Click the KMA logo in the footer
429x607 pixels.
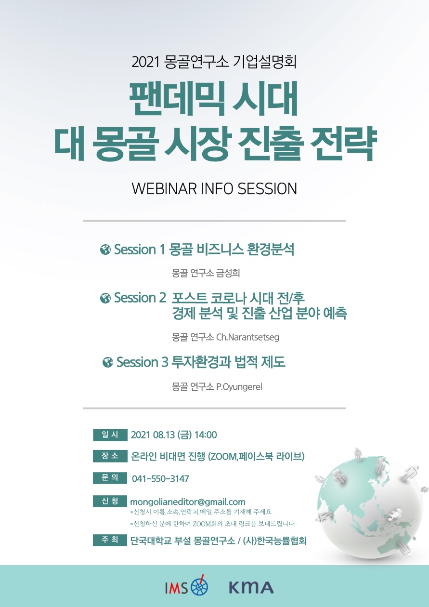(x=251, y=588)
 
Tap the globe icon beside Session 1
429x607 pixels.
(x=105, y=250)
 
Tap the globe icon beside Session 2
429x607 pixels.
(x=105, y=298)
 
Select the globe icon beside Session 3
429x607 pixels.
(x=108, y=362)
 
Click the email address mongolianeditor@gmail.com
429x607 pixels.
(x=188, y=502)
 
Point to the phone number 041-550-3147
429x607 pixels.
(x=160, y=479)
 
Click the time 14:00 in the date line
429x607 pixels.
(x=206, y=435)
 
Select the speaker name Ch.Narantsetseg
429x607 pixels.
(x=247, y=337)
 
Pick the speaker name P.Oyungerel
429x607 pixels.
(x=239, y=387)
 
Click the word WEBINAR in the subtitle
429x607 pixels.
(x=165, y=189)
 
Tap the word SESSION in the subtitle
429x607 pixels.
(x=267, y=189)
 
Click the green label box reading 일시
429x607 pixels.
(x=110, y=435)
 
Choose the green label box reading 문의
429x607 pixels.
(x=110, y=478)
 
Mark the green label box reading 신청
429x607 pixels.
(x=110, y=501)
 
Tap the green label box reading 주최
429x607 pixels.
(x=110, y=540)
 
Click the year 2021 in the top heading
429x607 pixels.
(x=145, y=62)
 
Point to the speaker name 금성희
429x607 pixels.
(x=228, y=273)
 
